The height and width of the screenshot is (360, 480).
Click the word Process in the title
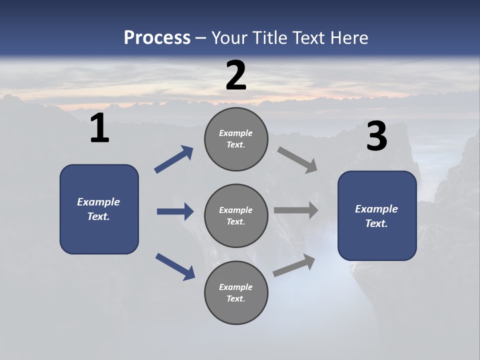tap(157, 37)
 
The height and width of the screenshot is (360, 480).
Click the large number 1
tap(99, 128)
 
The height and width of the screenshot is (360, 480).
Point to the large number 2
tap(236, 75)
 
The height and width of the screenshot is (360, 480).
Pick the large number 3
tap(376, 136)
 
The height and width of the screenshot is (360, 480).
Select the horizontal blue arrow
tap(175, 211)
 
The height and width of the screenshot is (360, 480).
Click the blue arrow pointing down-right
tap(175, 266)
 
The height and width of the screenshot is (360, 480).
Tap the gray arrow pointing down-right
tap(297, 160)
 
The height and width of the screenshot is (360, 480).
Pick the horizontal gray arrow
tap(296, 210)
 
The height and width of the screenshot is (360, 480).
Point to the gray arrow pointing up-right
tap(294, 265)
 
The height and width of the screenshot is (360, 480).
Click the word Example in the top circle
tap(236, 133)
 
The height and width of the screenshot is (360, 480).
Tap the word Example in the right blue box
tap(376, 209)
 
